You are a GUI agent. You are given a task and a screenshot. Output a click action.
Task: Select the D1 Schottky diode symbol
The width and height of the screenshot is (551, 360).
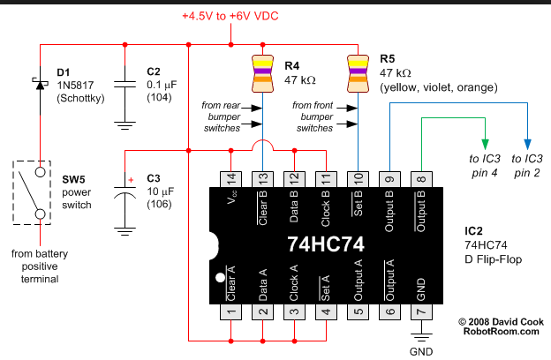40,84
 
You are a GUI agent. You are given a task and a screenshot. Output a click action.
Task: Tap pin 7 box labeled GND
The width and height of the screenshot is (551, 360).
420,311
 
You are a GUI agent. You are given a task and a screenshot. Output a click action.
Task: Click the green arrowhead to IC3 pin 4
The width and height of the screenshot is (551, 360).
484,143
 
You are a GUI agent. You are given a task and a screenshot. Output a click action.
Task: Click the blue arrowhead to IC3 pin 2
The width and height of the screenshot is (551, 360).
528,143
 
